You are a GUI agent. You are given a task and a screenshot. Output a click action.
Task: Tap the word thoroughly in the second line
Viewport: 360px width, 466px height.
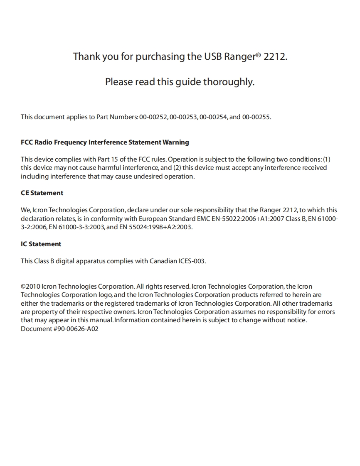coord(228,82)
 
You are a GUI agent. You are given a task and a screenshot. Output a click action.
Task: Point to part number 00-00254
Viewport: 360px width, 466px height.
coord(213,117)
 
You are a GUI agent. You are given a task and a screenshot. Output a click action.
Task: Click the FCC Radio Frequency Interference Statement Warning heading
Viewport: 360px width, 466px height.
coord(105,142)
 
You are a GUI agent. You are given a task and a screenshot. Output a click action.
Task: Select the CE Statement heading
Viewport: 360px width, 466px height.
coord(42,193)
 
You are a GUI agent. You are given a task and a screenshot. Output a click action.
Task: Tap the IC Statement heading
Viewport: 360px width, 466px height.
coord(41,244)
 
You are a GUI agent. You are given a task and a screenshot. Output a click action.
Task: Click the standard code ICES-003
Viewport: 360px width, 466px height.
coord(192,261)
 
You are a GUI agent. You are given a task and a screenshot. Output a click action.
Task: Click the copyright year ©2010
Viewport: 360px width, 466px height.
coord(30,287)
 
